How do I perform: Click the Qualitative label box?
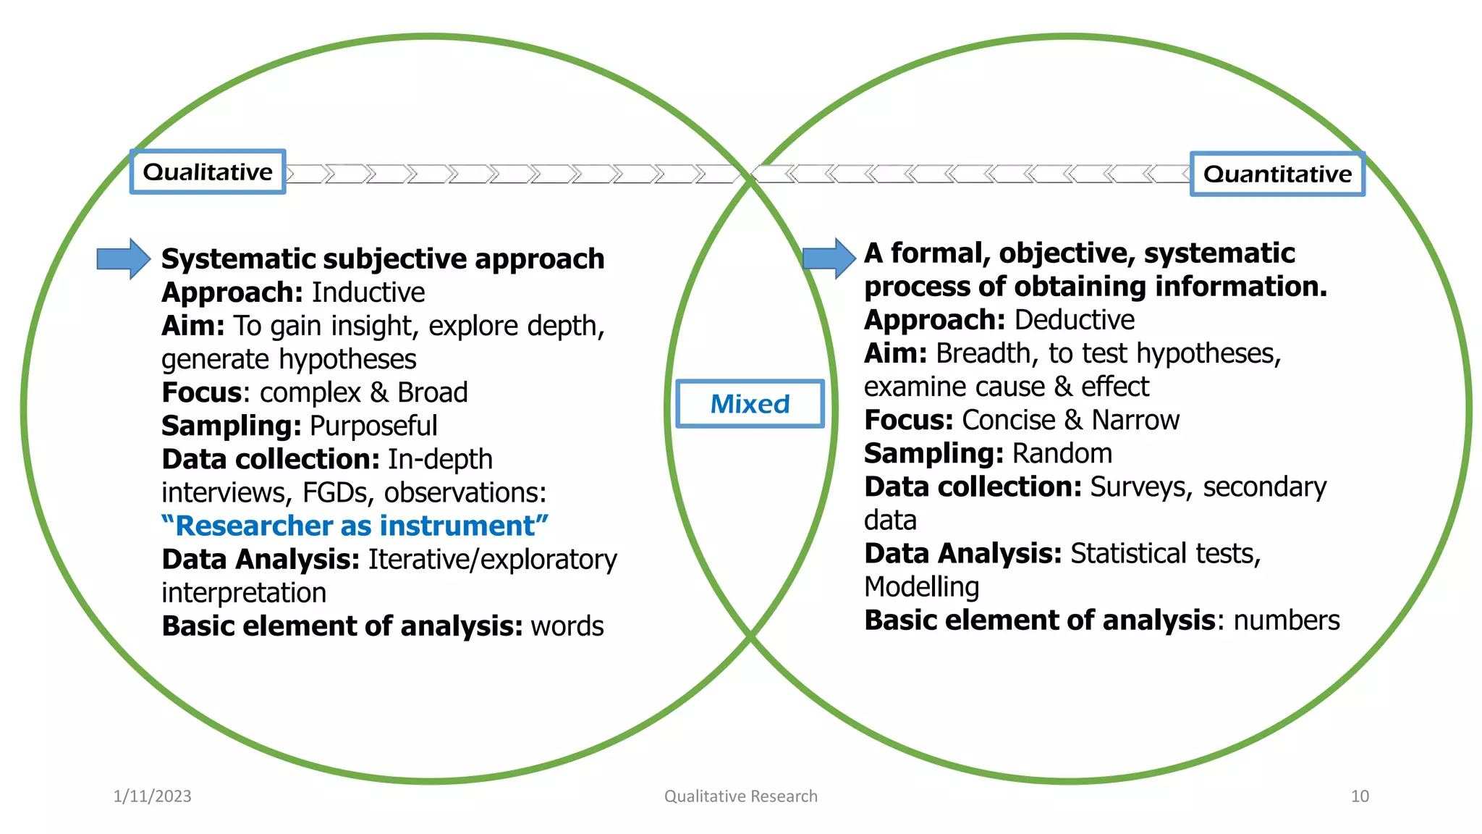coord(208,172)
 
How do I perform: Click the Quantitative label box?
coord(1277,174)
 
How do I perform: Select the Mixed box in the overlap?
coord(750,404)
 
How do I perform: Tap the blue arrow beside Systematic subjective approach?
coord(124,258)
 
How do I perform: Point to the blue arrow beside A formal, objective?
coord(829,258)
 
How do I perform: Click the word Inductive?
coord(368,292)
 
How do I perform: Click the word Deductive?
coord(1075,320)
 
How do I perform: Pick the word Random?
coord(1062,453)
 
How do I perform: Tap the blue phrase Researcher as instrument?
coord(355,526)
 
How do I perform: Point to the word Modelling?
coord(921,586)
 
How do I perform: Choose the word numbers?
coord(1287,620)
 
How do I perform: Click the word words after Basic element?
coord(567,626)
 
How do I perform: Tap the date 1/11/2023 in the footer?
coord(153,796)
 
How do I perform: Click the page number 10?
coord(1360,796)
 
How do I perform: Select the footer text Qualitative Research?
coord(741,796)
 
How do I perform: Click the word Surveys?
coord(1140,487)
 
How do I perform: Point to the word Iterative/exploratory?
coord(493,560)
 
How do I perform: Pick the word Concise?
coord(1009,420)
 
